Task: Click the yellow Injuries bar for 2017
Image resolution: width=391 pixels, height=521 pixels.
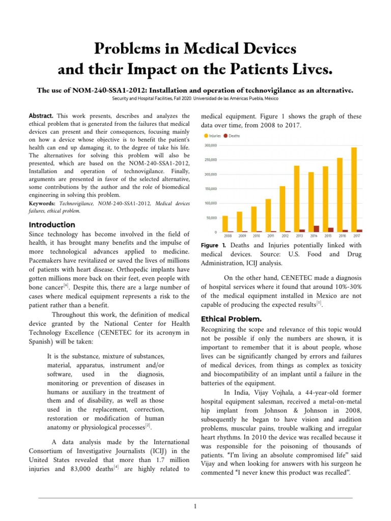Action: click(x=353, y=190)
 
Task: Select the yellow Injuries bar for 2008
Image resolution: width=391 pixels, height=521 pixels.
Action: click(x=225, y=224)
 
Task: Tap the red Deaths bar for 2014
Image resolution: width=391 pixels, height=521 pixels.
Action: click(x=317, y=229)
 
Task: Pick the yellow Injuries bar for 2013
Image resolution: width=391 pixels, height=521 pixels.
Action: click(x=297, y=199)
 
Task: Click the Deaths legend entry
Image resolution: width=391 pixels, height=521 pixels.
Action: click(x=233, y=136)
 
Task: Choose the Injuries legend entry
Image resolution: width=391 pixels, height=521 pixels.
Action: click(x=214, y=136)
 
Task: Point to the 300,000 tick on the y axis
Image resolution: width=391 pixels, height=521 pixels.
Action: click(x=210, y=146)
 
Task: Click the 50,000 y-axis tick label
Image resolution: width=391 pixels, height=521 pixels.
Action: click(x=211, y=218)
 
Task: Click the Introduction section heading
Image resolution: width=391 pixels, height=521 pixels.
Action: click(x=52, y=225)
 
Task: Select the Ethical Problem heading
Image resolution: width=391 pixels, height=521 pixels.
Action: click(x=231, y=319)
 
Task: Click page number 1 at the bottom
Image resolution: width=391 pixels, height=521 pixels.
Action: click(x=195, y=506)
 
